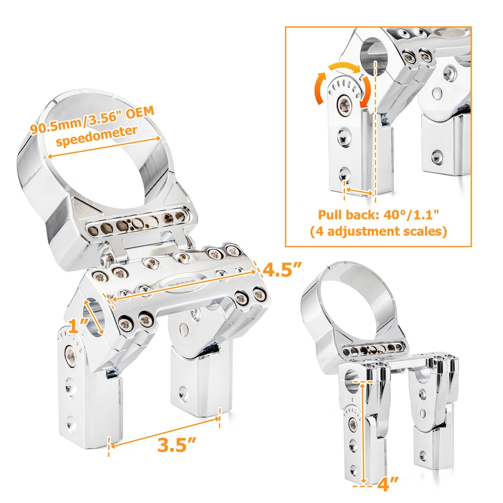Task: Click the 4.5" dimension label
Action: point(282,270)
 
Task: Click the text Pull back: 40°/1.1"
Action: point(378,215)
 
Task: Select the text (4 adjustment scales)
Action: point(378,231)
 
